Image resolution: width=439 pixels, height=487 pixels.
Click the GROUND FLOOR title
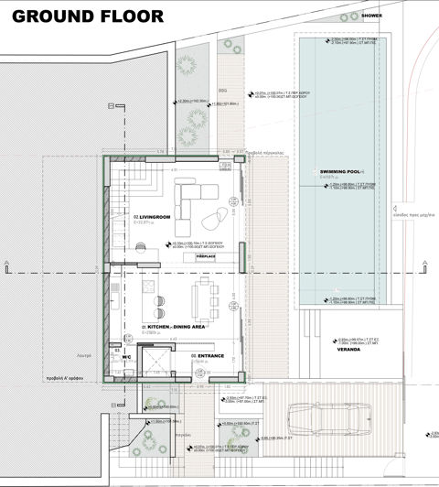coord(89,16)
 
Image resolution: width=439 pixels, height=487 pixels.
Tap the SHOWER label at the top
coord(372,16)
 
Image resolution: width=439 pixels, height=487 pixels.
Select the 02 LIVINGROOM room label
coord(153,216)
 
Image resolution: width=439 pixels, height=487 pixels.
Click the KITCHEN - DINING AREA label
coord(173,327)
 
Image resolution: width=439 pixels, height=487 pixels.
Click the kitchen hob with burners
coord(157,300)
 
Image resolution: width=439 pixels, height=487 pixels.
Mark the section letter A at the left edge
coord(6,265)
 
